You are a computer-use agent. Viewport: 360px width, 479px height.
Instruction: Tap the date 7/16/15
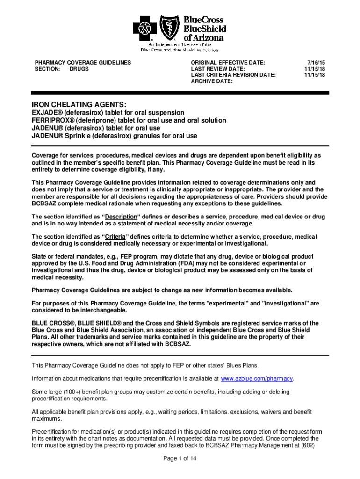[x=316, y=62]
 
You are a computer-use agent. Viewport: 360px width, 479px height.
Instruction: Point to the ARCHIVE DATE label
[x=212, y=81]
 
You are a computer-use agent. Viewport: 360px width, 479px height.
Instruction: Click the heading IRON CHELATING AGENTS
[x=79, y=104]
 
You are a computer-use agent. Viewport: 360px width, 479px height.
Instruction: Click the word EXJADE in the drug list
[x=45, y=113]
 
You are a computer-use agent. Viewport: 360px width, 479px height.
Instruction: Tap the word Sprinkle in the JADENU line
[x=80, y=136]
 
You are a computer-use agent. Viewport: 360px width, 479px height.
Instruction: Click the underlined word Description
[x=121, y=217]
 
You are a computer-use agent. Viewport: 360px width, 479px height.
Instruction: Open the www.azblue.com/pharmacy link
[x=257, y=378]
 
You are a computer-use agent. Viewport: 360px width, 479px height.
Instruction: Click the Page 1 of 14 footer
[x=180, y=459]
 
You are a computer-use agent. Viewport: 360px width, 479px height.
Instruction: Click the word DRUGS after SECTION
[x=79, y=69]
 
